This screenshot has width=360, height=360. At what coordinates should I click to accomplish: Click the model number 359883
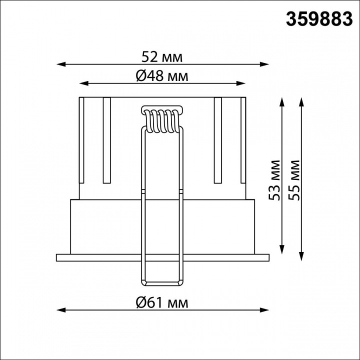[319, 19]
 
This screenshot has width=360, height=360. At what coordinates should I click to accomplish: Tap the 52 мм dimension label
[162, 57]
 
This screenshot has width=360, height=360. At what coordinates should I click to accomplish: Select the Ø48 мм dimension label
[162, 76]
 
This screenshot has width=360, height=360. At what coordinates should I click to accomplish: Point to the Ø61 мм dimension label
[162, 303]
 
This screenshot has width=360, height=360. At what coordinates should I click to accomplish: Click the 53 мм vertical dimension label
[274, 180]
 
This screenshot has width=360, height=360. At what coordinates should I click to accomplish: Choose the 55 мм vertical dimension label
[294, 180]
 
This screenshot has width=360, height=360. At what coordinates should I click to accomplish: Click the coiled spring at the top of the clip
[162, 121]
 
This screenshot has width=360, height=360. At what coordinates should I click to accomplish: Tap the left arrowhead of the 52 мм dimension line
[61, 64]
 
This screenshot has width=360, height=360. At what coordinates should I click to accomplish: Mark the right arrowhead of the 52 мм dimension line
[264, 64]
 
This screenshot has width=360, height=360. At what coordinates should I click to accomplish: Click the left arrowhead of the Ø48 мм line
[84, 83]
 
